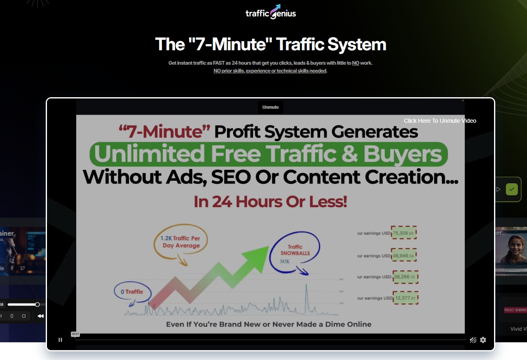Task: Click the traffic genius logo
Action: [270, 12]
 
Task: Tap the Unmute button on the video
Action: [270, 107]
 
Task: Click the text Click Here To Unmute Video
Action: [440, 121]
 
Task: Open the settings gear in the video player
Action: [483, 340]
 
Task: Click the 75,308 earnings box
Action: [404, 233]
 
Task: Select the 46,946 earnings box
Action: [404, 255]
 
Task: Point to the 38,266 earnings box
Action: [404, 277]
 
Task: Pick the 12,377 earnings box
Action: [405, 298]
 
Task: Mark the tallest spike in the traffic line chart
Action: [306, 288]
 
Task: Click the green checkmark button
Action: [512, 189]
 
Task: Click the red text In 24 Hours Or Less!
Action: [270, 201]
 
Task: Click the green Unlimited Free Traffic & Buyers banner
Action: [269, 154]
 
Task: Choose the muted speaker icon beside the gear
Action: [473, 340]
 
